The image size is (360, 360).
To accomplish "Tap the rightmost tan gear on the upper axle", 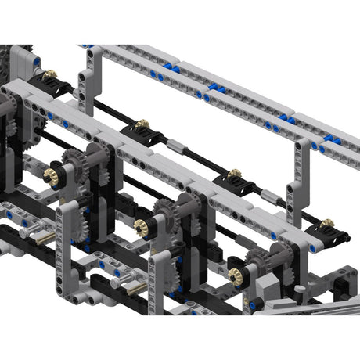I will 327,223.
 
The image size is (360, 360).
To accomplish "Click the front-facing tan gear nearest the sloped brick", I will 235,274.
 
